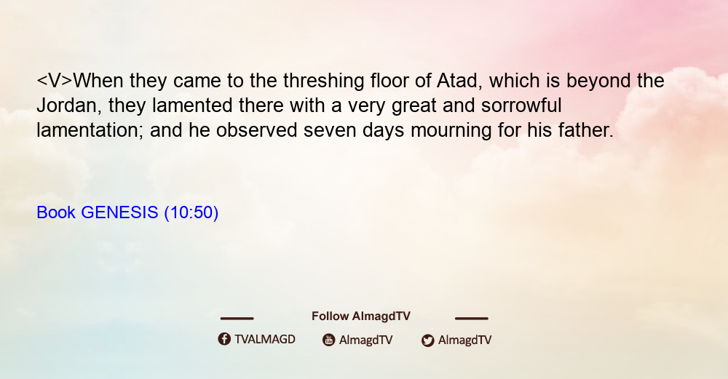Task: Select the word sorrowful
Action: click(521, 105)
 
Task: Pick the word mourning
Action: click(451, 131)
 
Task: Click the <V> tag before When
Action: click(55, 81)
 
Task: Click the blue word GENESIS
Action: click(120, 212)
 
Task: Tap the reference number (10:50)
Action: click(191, 213)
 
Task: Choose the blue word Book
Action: click(56, 212)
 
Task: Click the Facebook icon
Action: click(224, 339)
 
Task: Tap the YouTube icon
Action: click(329, 340)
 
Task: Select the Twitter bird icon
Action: click(427, 340)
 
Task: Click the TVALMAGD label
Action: click(265, 340)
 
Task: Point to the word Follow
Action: click(330, 316)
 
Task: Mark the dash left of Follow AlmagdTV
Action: click(237, 318)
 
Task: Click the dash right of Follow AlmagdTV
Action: click(471, 318)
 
